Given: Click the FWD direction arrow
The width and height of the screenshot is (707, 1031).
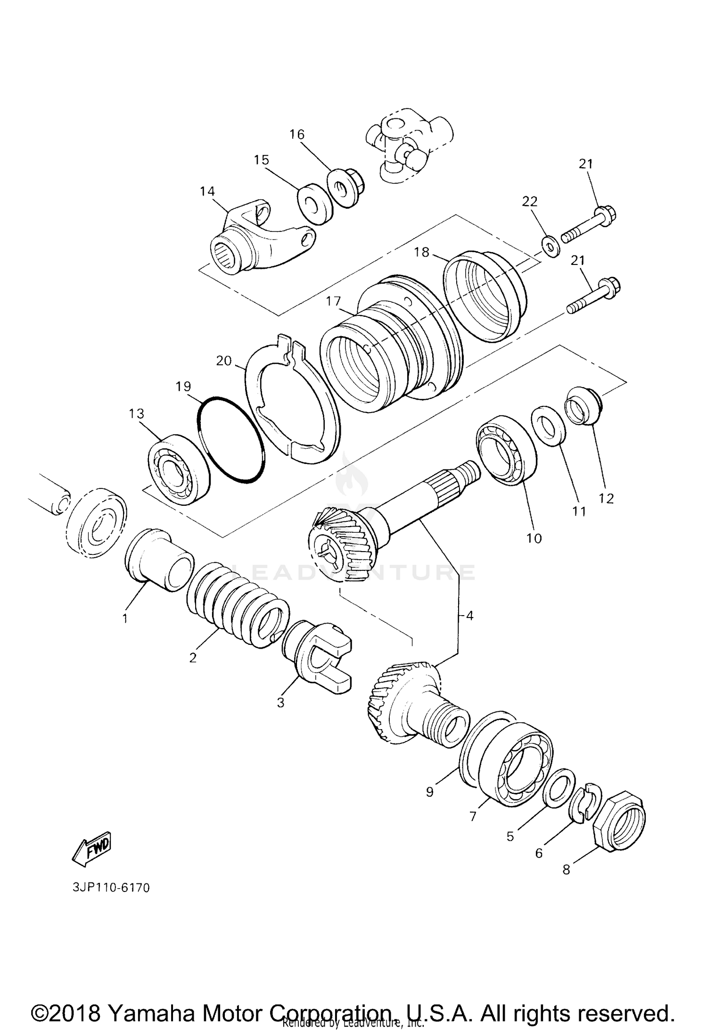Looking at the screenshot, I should point(91,849).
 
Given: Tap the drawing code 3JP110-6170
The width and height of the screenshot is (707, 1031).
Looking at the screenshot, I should point(111,888).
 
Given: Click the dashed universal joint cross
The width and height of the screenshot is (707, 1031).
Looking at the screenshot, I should point(408,148).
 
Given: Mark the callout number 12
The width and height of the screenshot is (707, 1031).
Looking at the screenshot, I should point(606,498).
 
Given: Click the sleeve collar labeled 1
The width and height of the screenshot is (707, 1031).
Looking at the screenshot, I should point(159,560).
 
